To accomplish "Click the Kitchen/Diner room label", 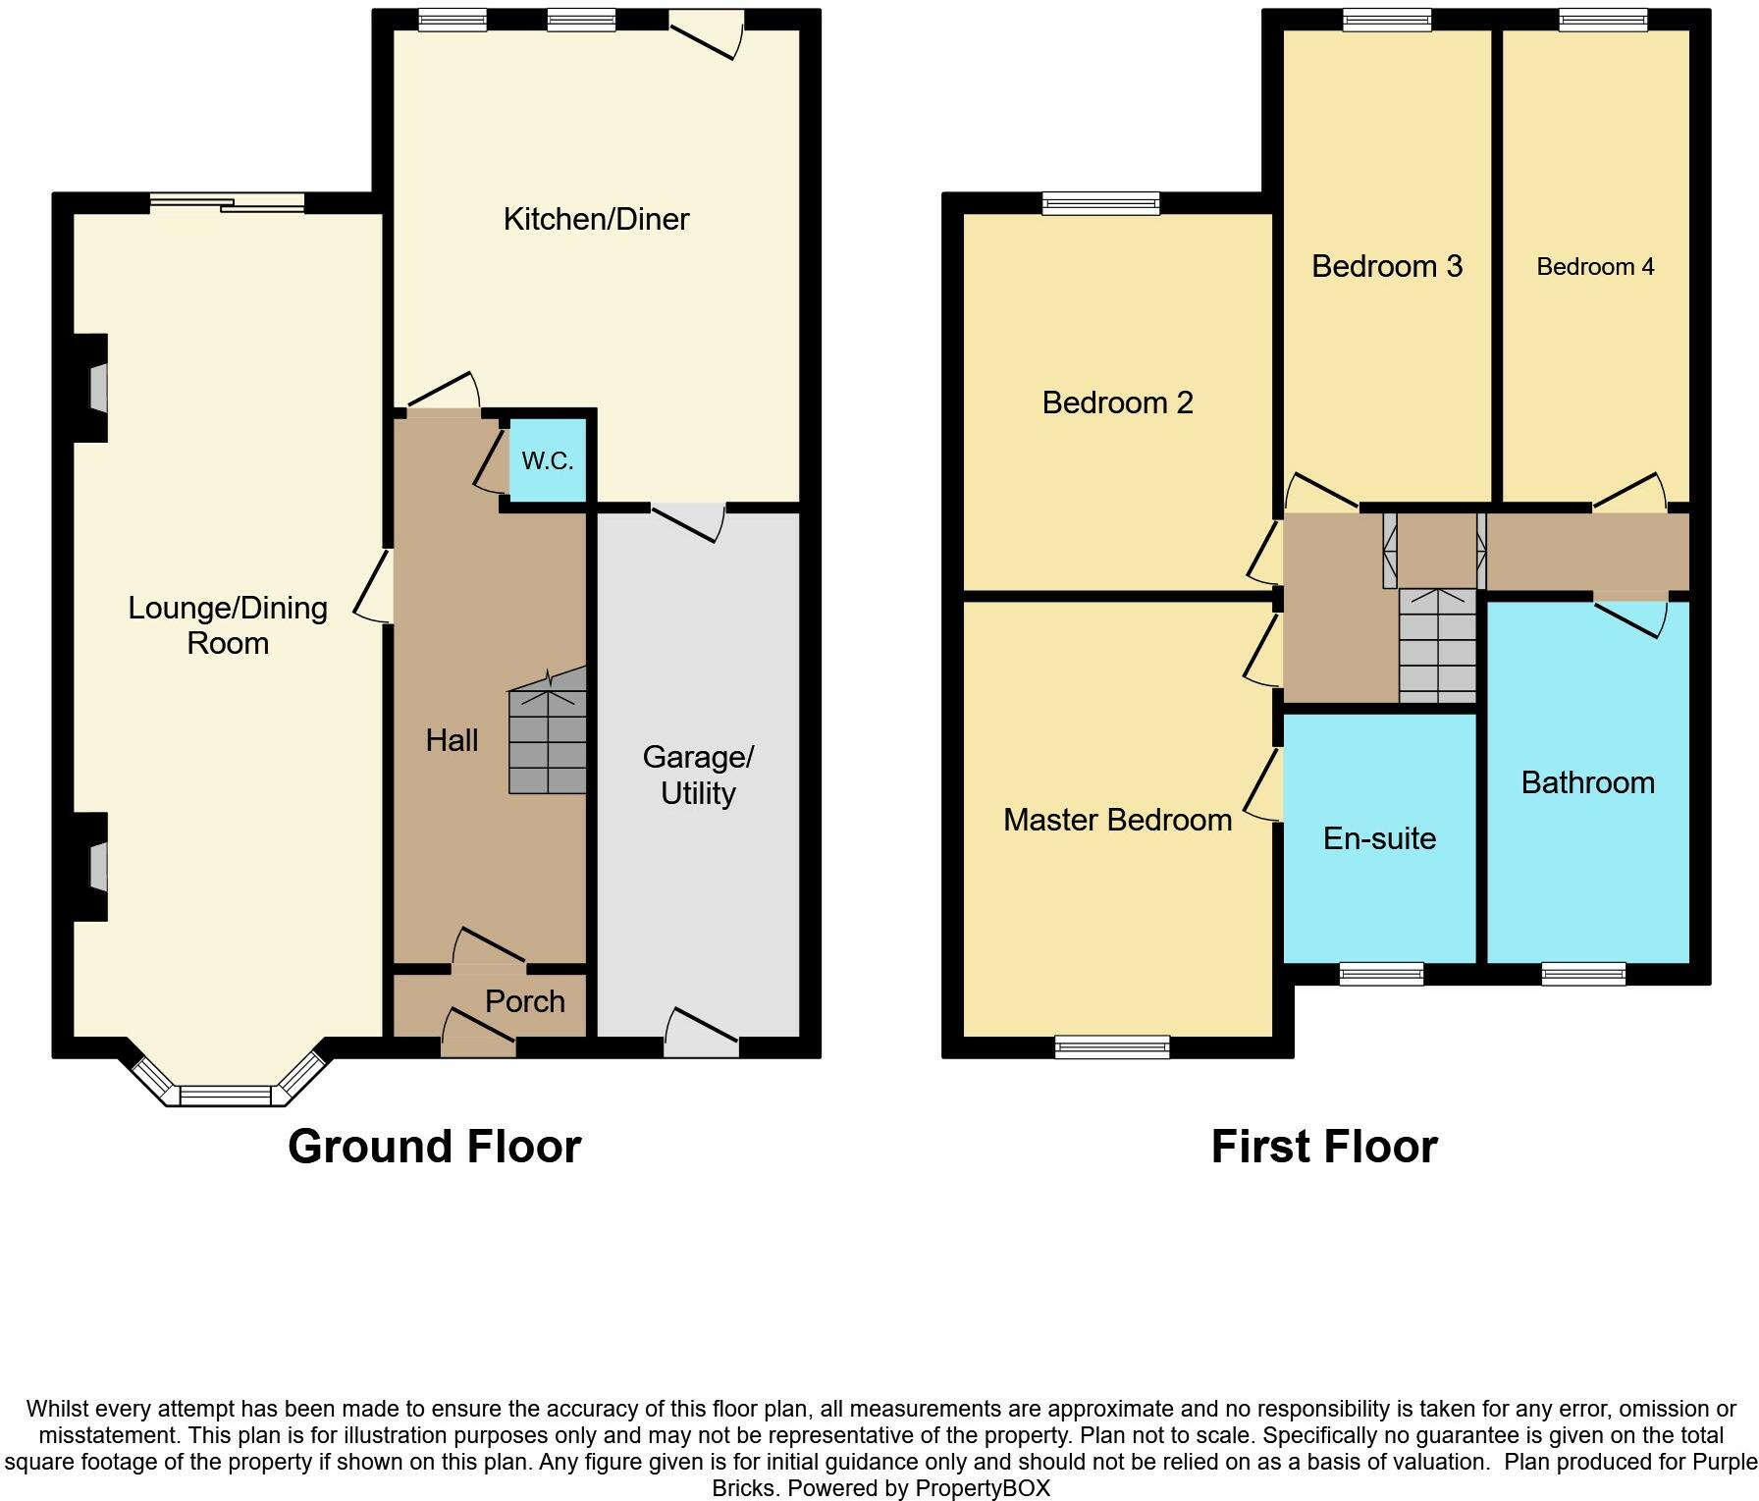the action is coord(596,219).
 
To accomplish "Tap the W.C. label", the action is coord(548,460).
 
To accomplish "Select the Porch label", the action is coord(525,1001).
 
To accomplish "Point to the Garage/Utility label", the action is coord(698,775).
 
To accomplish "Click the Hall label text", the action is coord(452,740).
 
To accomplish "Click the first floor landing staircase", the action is coord(1437,645).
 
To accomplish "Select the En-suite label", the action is coord(1379,838).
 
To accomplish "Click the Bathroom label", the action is coord(1588,782).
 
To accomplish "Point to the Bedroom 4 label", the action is coord(1595,267).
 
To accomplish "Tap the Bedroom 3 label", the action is coord(1387,266).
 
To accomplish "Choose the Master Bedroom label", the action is coord(1117,820).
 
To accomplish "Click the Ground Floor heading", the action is coord(435,1146).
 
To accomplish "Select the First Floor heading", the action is coord(1324,1146).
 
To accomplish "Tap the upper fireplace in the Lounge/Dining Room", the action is coord(90,388).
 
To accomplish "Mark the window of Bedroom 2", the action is coord(1101,203).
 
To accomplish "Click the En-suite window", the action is coord(1381,973).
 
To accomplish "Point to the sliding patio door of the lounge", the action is coord(228,202).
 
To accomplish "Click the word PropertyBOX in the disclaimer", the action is coord(983,1488).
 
